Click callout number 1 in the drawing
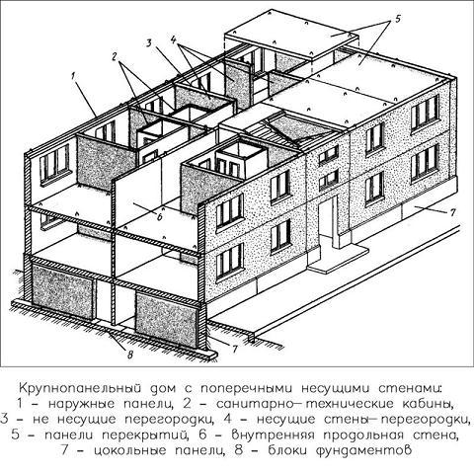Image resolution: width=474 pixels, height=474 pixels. pyautogui.click(x=73, y=76)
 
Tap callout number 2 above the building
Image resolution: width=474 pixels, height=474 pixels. pyautogui.click(x=115, y=56)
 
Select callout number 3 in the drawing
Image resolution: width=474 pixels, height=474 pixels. pyautogui.click(x=149, y=43)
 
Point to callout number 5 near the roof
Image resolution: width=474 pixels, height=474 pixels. pyautogui.click(x=397, y=19)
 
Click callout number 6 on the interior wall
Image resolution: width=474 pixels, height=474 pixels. pyautogui.click(x=160, y=217)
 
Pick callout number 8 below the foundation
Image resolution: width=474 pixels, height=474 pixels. pyautogui.click(x=130, y=355)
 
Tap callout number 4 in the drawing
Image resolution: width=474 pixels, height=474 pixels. pyautogui.click(x=174, y=39)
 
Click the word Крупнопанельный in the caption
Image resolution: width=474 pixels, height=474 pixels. pyautogui.click(x=82, y=388)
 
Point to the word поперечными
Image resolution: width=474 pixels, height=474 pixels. pyautogui.click(x=247, y=389)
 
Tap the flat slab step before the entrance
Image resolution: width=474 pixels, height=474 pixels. pyautogui.click(x=339, y=260)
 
